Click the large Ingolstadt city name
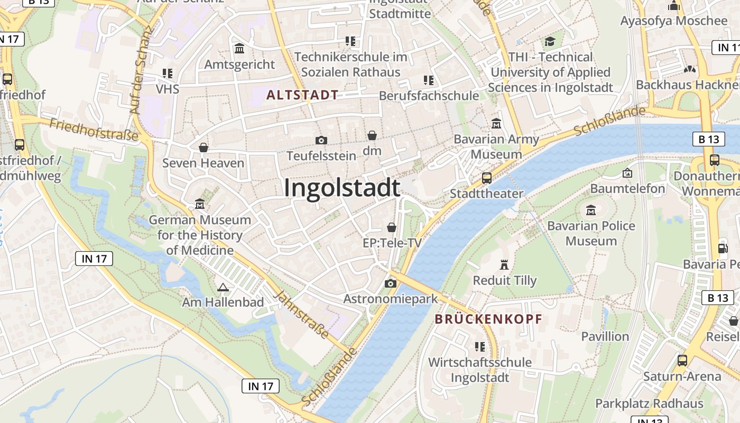click(342, 188)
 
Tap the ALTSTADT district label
click(302, 95)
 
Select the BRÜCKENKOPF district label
click(488, 319)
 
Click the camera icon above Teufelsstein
click(321, 140)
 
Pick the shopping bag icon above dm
click(372, 135)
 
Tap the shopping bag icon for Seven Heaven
click(203, 147)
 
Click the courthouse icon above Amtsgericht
click(239, 49)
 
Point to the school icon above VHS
click(168, 73)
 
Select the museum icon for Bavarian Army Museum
click(496, 124)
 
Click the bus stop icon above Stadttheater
click(487, 178)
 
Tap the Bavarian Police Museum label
click(591, 233)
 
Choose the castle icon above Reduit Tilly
click(504, 264)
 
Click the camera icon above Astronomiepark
click(391, 283)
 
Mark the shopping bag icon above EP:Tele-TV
click(392, 227)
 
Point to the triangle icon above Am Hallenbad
click(223, 287)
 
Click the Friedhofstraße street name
click(94, 130)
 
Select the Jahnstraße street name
click(303, 315)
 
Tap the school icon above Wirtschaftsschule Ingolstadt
click(480, 347)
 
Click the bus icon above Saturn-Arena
click(682, 361)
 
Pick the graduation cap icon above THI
click(550, 41)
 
